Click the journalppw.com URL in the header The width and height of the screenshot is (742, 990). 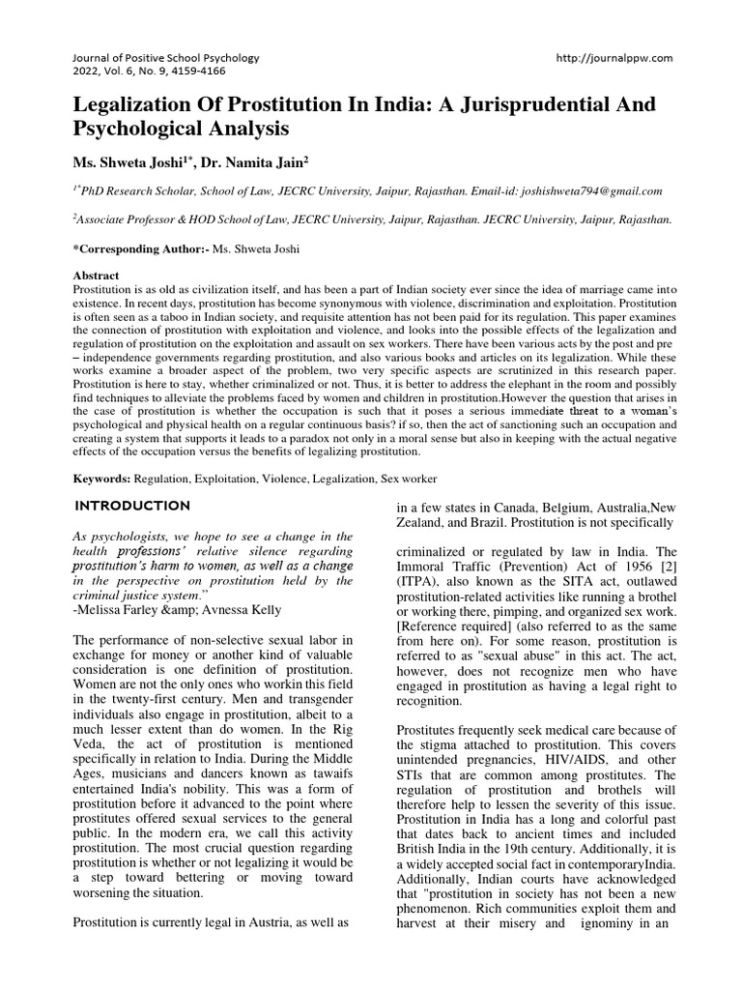click(x=614, y=58)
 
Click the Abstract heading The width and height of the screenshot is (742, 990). click(x=97, y=276)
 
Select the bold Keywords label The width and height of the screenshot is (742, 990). click(x=102, y=479)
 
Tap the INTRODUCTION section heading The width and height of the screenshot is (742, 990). click(x=132, y=506)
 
